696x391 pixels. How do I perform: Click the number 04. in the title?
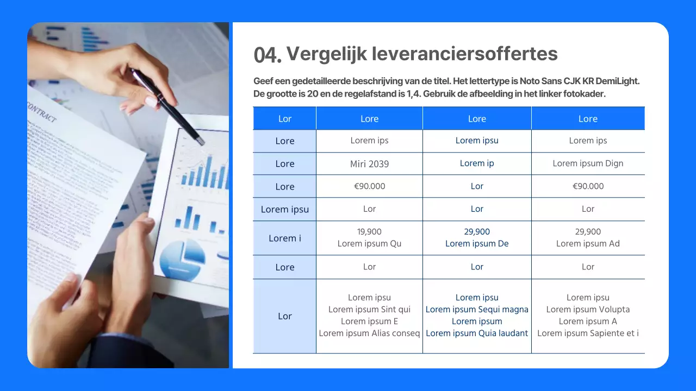point(268,54)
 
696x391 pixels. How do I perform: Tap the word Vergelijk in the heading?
point(327,54)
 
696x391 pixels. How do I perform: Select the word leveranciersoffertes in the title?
point(465,54)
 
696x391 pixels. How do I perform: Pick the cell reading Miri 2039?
point(369,163)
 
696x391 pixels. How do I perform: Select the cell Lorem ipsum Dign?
point(588,163)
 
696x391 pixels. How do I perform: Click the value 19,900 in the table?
point(369,232)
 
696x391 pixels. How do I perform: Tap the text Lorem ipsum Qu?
point(369,244)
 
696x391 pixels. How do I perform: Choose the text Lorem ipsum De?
point(477,244)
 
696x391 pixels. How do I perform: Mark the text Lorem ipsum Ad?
point(588,244)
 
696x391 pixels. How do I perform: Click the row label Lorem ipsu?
point(284,209)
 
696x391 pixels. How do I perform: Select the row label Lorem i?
point(284,238)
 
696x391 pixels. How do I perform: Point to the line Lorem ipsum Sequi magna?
point(477,310)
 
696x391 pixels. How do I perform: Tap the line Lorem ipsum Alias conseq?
point(369,333)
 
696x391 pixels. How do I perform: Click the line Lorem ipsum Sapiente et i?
point(588,333)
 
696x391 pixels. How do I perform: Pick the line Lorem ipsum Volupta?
point(588,310)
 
